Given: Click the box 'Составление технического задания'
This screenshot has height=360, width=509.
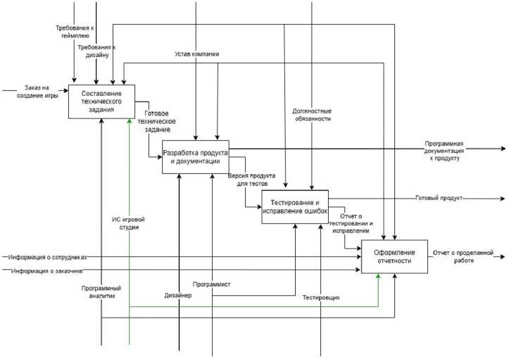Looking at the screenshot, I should (101, 101).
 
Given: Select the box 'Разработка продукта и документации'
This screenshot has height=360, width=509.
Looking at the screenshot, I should (195, 156).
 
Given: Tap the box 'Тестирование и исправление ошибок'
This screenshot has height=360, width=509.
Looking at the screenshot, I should (295, 206).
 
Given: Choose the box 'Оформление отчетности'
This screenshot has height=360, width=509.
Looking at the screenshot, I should (394, 256).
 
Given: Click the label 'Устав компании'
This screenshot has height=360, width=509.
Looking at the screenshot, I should (197, 54).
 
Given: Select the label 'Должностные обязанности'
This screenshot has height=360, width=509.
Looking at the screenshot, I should (312, 115).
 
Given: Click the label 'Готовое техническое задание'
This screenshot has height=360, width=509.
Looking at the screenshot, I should (164, 120).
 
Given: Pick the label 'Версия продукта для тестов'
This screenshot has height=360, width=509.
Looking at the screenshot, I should (251, 179).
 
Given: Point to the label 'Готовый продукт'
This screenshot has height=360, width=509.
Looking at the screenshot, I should (439, 199).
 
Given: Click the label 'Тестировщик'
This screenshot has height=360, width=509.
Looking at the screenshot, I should (321, 297).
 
